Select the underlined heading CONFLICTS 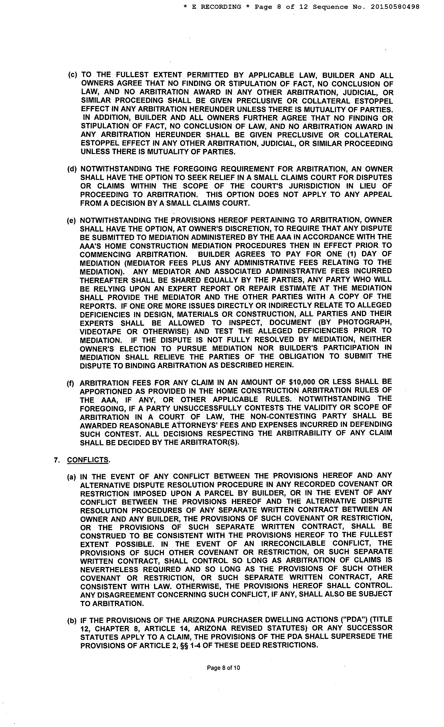coord(88,460)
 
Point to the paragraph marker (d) coord(72,169)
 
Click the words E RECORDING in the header coord(216,7)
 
